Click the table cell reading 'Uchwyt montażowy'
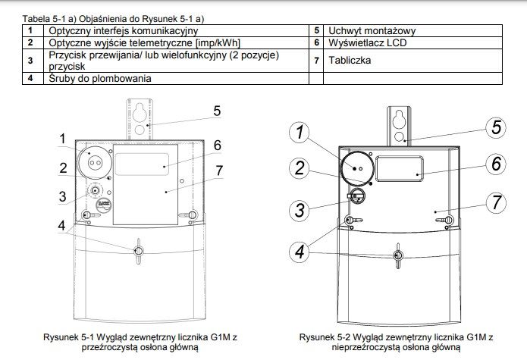click(413, 30)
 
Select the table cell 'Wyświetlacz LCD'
click(413, 43)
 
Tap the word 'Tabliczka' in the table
click(350, 61)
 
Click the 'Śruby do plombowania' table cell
click(176, 79)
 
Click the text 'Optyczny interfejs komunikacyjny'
click(124, 31)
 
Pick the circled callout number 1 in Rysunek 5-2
click(300, 132)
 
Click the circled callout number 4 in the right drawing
click(300, 252)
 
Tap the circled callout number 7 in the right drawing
click(496, 202)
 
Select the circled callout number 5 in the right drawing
click(496, 128)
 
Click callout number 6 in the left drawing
click(218, 146)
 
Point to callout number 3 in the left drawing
click(62, 197)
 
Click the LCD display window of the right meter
click(400, 169)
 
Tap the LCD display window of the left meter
click(142, 164)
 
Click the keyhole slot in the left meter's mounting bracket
click(139, 112)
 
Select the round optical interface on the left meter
click(95, 162)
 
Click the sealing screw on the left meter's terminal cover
click(139, 251)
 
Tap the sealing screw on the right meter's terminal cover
click(398, 256)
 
